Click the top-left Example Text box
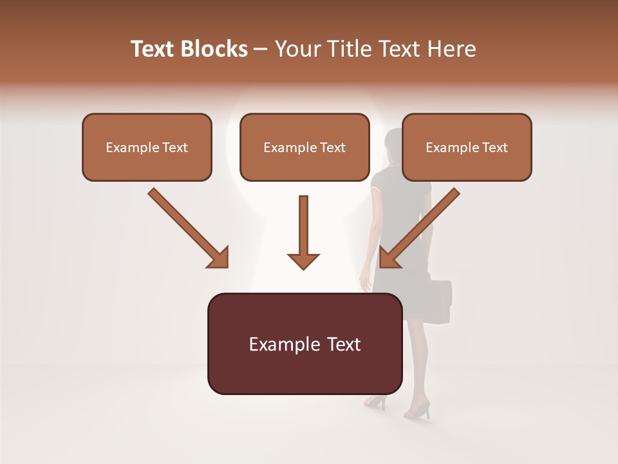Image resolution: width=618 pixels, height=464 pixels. point(147,147)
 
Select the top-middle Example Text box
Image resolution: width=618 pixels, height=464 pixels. point(304,147)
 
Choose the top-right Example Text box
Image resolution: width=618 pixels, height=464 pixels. point(467,147)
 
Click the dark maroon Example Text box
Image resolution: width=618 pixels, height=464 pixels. point(304,343)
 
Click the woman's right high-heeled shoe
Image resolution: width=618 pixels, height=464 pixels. point(418,409)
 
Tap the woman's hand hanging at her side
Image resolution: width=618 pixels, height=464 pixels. point(366,282)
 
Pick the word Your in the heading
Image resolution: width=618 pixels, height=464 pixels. point(297,49)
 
